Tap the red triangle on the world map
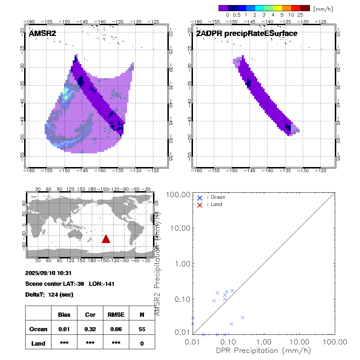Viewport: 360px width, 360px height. click(106, 239)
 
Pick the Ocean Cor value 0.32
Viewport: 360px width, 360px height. click(90, 329)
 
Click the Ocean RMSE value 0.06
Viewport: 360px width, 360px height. click(116, 329)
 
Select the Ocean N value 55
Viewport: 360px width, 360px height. click(142, 329)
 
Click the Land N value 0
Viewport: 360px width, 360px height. click(142, 343)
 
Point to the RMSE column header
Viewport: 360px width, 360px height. click(116, 315)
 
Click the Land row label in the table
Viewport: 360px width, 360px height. click(39, 343)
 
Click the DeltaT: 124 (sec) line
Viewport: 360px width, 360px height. click(49, 294)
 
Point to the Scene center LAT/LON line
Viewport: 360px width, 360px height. click(70, 284)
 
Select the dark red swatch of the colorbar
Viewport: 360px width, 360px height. click(305, 8)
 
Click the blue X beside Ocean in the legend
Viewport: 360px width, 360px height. click(200, 198)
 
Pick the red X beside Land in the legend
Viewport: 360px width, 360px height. click(200, 204)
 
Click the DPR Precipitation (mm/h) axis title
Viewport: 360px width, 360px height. click(264, 350)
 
